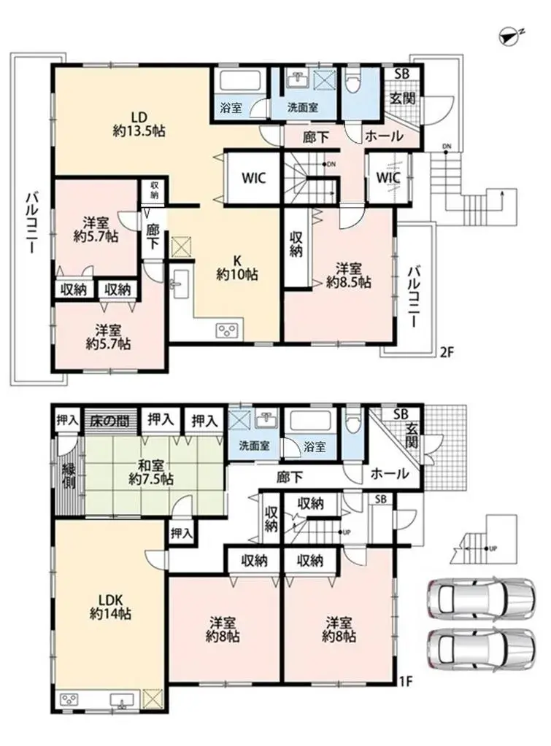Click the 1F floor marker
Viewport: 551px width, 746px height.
(x=406, y=683)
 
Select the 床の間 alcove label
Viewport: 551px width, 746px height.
(x=110, y=420)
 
